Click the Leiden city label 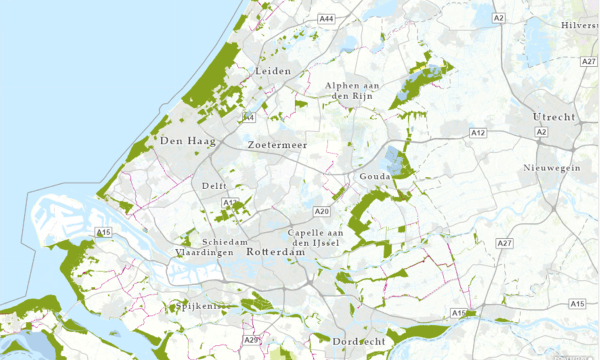[273, 71]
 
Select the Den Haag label [187, 141]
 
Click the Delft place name [214, 186]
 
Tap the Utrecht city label [554, 117]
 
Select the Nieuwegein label [552, 168]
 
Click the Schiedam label [225, 242]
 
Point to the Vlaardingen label [204, 252]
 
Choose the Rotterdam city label [275, 252]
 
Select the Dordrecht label [358, 342]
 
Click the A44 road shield [326, 19]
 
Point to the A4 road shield [248, 117]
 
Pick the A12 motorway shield [478, 133]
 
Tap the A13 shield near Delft [230, 202]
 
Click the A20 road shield [322, 212]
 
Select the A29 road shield [251, 340]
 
